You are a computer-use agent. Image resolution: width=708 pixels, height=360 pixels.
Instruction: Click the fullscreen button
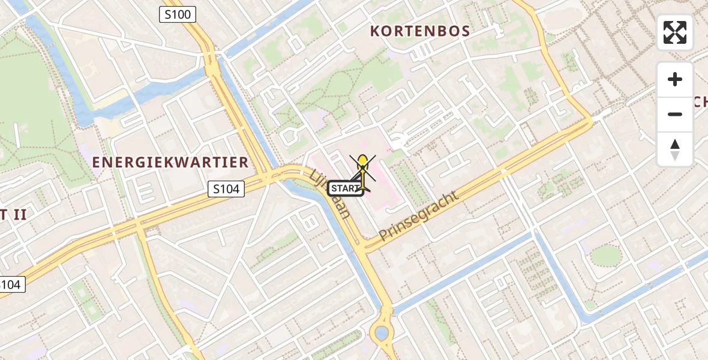[675, 32]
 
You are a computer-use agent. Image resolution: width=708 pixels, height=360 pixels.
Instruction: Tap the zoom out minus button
[675, 114]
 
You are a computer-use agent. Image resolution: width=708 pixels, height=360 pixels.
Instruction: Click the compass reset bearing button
[675, 149]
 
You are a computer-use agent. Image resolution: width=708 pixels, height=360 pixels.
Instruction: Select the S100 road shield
[178, 14]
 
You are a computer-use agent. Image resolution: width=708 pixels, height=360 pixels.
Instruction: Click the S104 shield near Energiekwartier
[227, 189]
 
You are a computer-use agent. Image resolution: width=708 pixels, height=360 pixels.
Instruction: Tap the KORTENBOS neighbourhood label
[420, 31]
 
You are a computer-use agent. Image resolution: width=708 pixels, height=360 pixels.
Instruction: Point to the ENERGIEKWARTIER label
[170, 162]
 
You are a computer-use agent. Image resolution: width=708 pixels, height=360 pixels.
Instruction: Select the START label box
[346, 188]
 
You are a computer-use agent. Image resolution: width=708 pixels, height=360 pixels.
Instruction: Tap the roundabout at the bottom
[380, 332]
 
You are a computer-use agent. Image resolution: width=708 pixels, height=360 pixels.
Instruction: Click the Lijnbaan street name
[330, 193]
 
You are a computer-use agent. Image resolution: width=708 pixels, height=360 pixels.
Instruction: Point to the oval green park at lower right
[607, 255]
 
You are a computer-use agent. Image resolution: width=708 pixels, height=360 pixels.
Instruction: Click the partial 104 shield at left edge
[11, 284]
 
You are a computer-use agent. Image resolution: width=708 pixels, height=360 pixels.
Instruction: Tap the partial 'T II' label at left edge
[13, 214]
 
